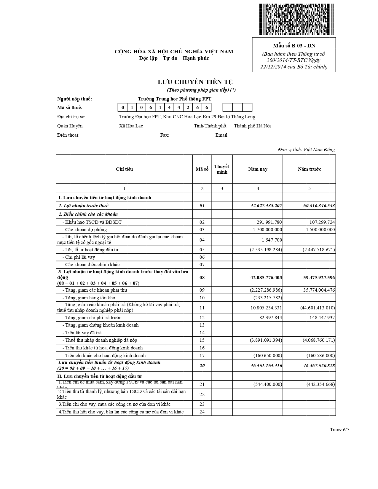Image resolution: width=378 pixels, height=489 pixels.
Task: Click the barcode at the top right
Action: click(x=296, y=19)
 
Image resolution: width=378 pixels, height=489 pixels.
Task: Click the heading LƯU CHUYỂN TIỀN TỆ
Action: click(x=195, y=82)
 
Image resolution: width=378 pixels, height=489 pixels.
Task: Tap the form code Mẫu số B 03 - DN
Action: click(x=294, y=46)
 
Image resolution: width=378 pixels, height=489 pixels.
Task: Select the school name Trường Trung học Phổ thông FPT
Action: click(x=175, y=99)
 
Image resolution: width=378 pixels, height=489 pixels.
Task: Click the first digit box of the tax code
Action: click(x=123, y=108)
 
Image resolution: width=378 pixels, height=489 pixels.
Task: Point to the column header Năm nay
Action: click(x=258, y=169)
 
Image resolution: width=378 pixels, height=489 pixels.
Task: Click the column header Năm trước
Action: click(x=309, y=169)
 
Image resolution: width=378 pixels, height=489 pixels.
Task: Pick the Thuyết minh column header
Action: click(x=221, y=169)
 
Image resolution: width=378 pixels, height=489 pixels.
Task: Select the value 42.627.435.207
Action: click(x=266, y=206)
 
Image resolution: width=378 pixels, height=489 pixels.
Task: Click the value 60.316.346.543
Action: click(x=319, y=206)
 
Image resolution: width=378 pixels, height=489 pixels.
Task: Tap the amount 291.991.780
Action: click(x=269, y=222)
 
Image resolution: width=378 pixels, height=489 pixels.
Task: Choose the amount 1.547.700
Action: click(x=272, y=240)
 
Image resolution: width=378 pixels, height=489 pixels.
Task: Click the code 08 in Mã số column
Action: click(x=202, y=278)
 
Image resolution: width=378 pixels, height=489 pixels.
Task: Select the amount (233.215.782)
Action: click(x=268, y=298)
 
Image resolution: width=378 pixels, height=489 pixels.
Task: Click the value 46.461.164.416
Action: click(x=266, y=366)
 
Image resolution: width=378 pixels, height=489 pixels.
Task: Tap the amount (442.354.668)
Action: click(x=321, y=384)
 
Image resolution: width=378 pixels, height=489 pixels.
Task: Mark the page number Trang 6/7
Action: click(x=339, y=430)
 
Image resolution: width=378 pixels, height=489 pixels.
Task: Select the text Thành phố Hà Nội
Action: click(x=252, y=126)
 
